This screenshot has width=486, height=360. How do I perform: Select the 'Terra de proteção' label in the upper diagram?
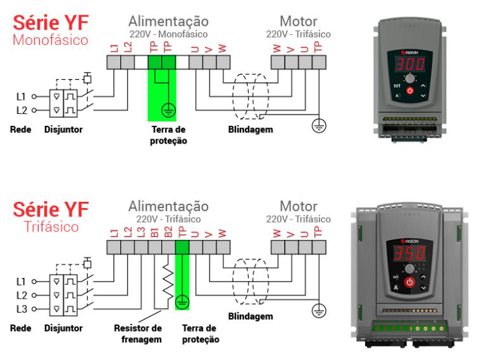pos(169,135)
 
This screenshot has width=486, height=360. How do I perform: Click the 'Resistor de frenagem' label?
pos(138,333)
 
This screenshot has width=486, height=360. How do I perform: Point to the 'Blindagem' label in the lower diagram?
pos(251,316)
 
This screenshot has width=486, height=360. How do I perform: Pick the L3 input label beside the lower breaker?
pos(22,309)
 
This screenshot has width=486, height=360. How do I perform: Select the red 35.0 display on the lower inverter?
pos(409,254)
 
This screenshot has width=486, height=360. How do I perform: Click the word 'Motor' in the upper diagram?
pos(298,20)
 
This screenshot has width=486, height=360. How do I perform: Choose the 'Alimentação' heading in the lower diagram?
pos(168,206)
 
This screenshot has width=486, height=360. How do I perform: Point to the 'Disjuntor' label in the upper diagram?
pos(63,130)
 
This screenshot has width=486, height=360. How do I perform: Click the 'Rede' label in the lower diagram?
pos(21,328)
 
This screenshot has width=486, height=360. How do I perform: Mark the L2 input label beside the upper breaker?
pos(22,110)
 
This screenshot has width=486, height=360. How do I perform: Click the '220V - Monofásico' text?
pos(168,34)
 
